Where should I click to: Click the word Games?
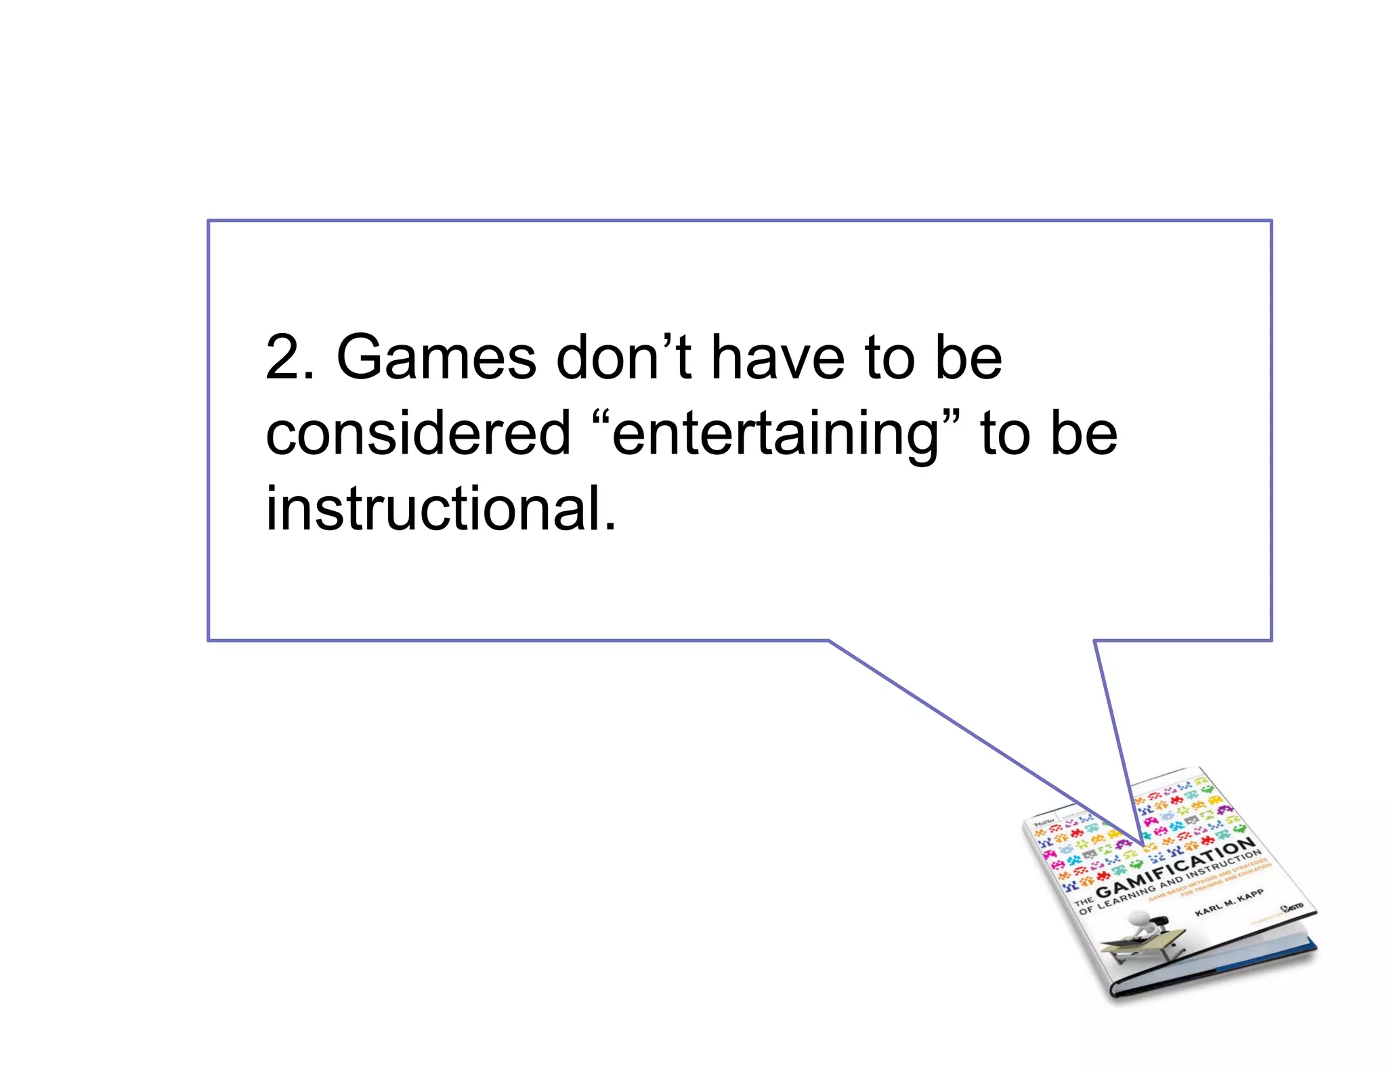pos(436,358)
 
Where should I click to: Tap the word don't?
pos(624,357)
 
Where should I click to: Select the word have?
pos(777,358)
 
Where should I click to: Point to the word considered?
pos(418,434)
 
